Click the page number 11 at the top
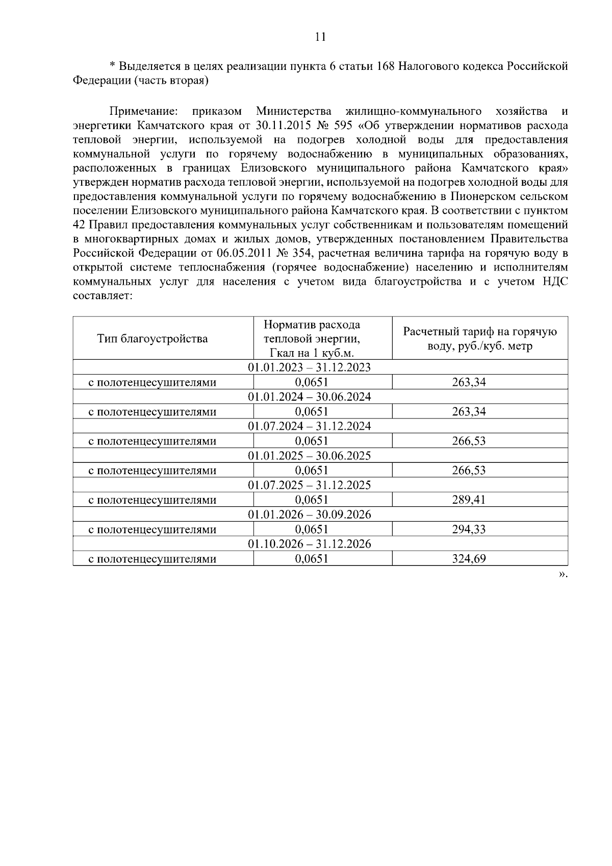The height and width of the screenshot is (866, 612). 320,37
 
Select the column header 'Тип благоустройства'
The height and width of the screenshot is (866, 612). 152,339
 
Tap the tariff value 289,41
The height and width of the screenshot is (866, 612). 469,500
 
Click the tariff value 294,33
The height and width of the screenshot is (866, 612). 469,529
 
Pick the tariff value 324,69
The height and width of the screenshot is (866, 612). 469,559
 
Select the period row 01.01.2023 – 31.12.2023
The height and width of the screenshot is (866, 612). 310,367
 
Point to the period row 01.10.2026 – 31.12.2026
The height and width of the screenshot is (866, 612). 310,544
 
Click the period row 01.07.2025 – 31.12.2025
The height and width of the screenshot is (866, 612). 310,485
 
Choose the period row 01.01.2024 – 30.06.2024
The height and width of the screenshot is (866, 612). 310,397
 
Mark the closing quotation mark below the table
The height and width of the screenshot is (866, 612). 562,575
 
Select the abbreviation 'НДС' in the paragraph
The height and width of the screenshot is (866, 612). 554,282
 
